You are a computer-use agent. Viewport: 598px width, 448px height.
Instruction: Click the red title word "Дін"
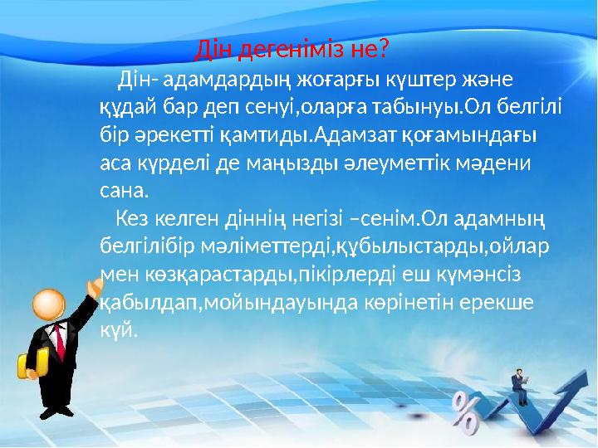click(214, 50)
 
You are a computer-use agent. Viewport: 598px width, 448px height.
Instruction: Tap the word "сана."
click(124, 190)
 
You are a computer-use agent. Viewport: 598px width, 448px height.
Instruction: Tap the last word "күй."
click(117, 328)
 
